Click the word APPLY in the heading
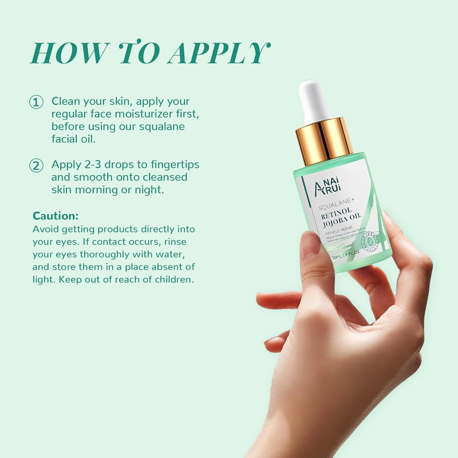pyautogui.click(x=218, y=53)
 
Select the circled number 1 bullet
pyautogui.click(x=36, y=102)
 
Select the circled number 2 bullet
pyautogui.click(x=36, y=166)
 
